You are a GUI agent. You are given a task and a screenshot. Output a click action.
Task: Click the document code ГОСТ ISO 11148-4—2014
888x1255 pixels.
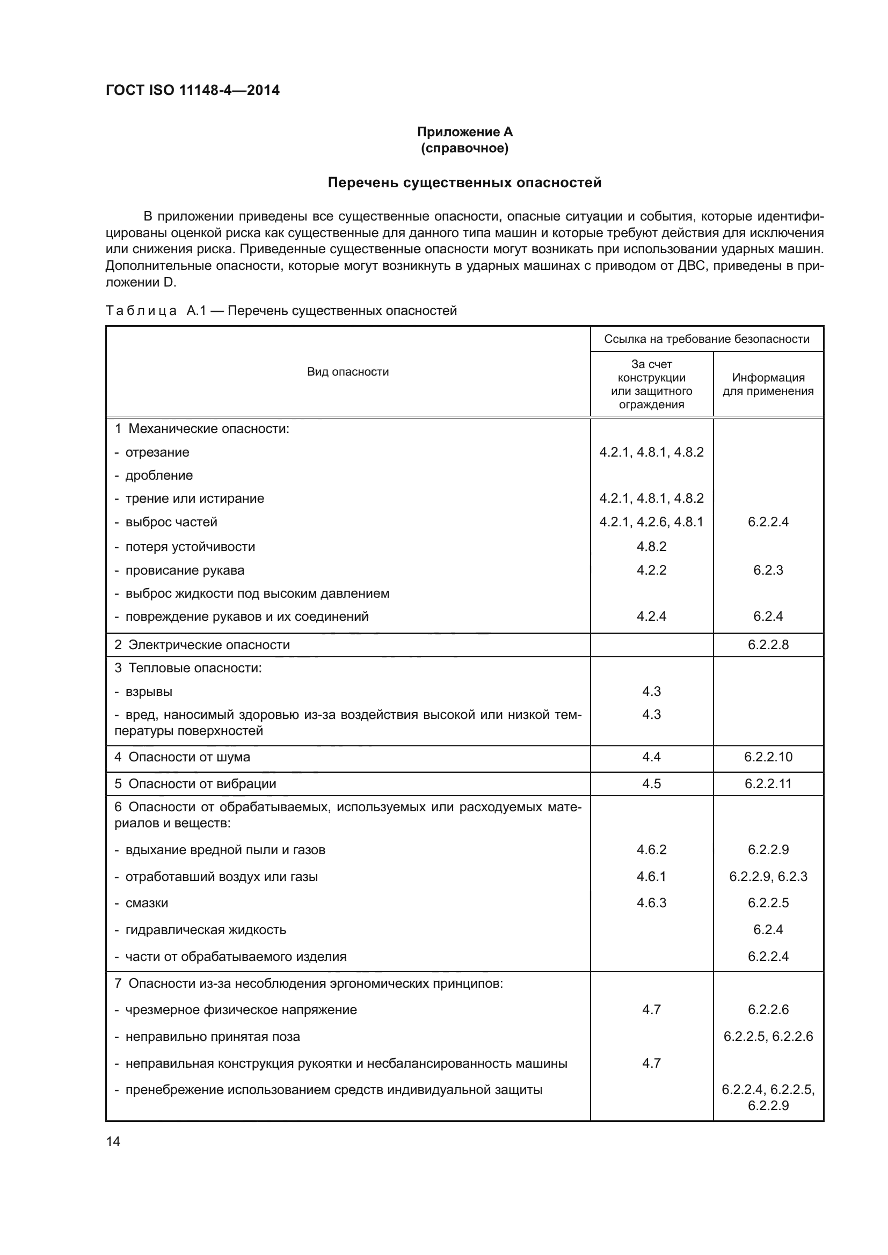click(x=193, y=90)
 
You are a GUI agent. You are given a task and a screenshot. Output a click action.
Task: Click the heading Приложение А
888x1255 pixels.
click(x=465, y=132)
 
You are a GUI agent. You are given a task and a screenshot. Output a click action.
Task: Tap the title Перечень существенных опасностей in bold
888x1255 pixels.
click(x=464, y=182)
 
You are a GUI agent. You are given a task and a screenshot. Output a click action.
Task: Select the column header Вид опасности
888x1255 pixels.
click(x=348, y=372)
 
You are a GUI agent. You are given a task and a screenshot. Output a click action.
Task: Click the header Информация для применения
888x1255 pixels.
click(x=768, y=384)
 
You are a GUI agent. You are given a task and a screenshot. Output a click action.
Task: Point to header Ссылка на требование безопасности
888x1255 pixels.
click(x=707, y=339)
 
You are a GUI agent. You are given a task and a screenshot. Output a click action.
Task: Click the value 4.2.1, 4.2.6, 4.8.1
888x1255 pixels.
click(x=651, y=522)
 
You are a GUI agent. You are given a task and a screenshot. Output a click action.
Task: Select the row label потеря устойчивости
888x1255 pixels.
click(x=190, y=547)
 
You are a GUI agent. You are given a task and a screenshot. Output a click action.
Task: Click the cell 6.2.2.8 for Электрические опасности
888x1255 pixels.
click(x=768, y=644)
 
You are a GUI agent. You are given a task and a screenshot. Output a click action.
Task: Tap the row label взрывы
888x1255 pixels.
click(x=149, y=692)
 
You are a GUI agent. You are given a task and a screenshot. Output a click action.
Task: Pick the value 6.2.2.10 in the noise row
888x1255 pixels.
click(x=768, y=757)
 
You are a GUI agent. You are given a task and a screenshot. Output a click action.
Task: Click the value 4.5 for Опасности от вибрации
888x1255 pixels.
click(x=651, y=784)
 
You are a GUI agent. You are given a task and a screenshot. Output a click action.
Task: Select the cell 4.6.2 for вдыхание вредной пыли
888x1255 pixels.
click(x=651, y=849)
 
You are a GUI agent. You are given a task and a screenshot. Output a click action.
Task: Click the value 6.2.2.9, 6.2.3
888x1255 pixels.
click(x=768, y=876)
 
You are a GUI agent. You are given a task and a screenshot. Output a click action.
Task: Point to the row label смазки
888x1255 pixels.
click(x=147, y=903)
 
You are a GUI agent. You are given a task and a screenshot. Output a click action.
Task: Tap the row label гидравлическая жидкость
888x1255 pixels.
click(x=206, y=930)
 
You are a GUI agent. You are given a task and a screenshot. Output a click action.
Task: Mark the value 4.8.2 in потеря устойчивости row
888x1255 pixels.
click(x=651, y=547)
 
